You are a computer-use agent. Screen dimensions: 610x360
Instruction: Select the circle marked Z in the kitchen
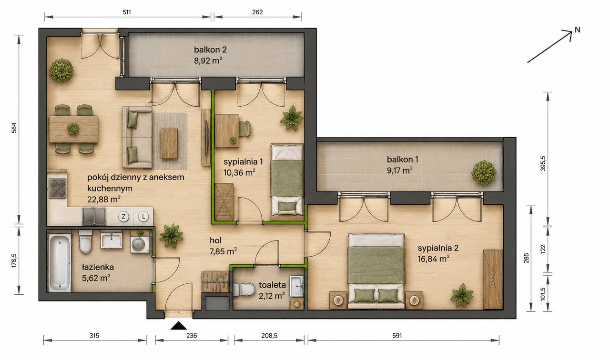point(123,217)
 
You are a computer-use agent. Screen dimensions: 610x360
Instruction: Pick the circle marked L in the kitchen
point(143,217)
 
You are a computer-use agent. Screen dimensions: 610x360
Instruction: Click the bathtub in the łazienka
point(60,263)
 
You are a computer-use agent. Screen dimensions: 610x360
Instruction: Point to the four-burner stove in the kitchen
point(58,188)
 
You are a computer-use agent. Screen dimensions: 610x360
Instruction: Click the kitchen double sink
point(94,216)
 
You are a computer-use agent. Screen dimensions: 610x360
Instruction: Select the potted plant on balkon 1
point(484,173)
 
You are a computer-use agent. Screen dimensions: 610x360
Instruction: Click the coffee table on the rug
point(169,143)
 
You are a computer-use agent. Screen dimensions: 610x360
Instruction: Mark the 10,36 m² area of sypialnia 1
point(239,172)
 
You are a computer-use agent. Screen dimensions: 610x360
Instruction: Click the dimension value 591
point(397,336)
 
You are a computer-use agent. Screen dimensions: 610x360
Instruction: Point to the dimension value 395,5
point(543,163)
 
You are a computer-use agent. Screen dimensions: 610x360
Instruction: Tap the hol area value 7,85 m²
point(223,251)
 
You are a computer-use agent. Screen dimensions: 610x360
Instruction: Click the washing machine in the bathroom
point(140,245)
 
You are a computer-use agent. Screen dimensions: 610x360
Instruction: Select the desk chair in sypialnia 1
point(245,129)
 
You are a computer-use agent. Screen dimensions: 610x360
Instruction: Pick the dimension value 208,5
point(269,336)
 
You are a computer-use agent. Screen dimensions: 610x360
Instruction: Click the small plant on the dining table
point(73,129)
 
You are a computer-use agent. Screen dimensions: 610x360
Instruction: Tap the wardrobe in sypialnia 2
point(493,280)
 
